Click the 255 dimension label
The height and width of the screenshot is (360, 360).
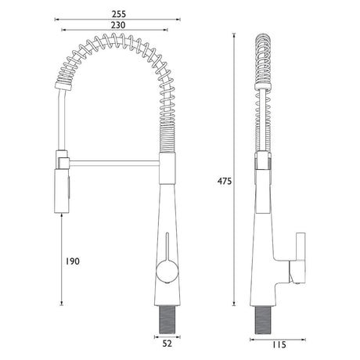point(119,14)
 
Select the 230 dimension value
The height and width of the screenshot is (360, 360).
point(118,25)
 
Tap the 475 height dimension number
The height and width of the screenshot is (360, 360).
point(225,181)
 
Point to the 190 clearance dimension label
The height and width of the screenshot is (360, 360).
point(72,261)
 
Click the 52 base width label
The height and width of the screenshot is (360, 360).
point(167,344)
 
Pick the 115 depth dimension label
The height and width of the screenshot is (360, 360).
point(279,344)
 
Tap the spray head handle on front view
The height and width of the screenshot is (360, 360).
point(62,191)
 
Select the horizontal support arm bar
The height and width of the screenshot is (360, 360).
point(114,163)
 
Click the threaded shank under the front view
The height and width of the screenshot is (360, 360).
point(167,319)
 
